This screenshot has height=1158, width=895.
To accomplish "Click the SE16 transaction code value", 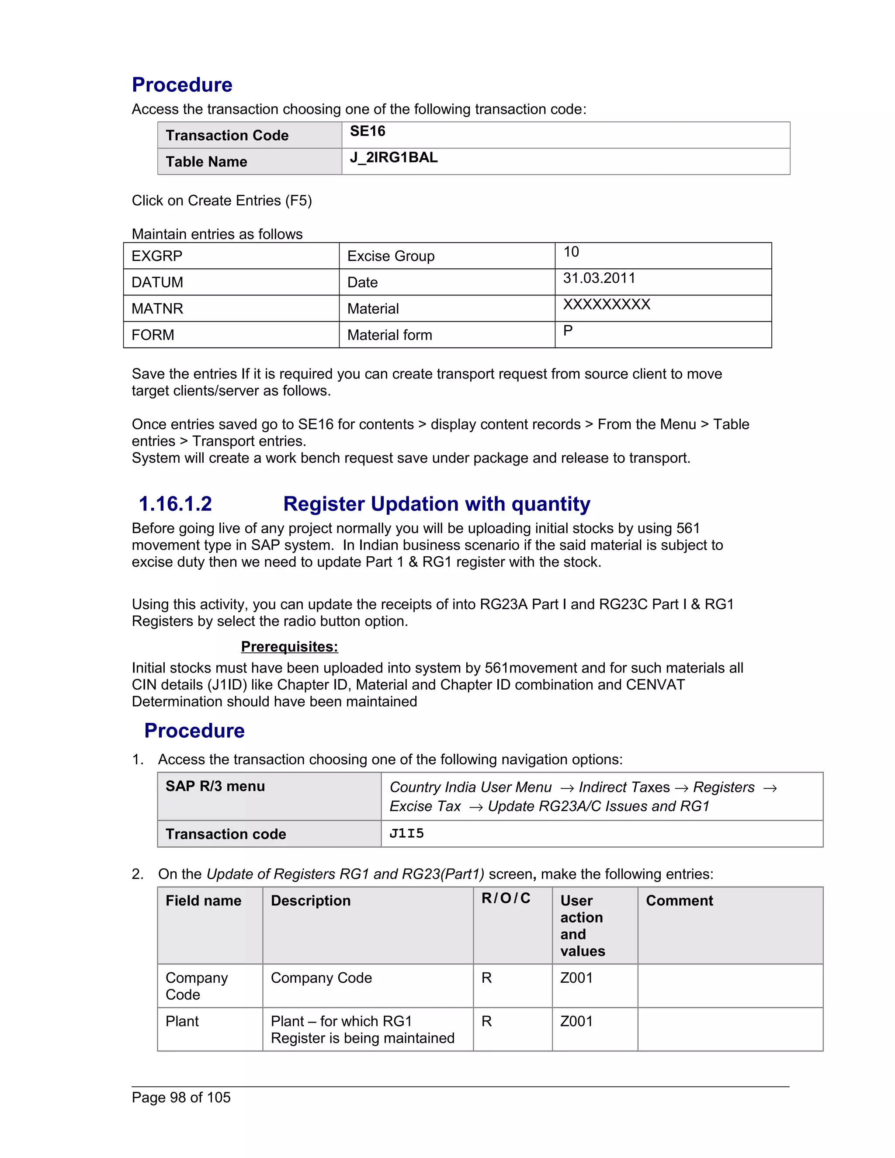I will (x=368, y=132).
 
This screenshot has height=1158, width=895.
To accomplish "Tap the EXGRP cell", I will (x=157, y=256).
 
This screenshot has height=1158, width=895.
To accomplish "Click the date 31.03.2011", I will (x=599, y=278).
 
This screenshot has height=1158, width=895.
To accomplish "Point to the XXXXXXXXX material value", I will (x=606, y=304).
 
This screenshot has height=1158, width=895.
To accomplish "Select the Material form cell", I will (x=390, y=335).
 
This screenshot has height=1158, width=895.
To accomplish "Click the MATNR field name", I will (x=157, y=309).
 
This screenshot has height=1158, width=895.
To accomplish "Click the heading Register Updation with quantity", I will (x=437, y=504).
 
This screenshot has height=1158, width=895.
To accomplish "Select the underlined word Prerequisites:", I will (x=289, y=646).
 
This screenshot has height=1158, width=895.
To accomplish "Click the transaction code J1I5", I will (x=407, y=833).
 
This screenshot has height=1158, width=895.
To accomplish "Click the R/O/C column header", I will (x=506, y=898).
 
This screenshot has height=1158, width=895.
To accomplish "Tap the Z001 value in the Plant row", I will (x=576, y=1021).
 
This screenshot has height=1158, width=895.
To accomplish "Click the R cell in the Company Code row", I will (x=487, y=978).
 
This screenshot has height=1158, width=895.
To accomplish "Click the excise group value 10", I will (x=571, y=252).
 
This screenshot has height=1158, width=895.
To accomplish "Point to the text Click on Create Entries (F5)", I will (x=222, y=201).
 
